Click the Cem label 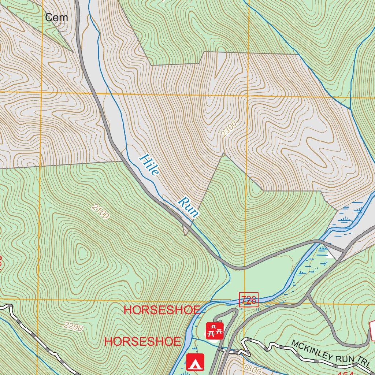56,17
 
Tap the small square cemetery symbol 63,27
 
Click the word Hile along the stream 149,165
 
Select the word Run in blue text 189,208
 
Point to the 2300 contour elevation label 229,129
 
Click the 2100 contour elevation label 100,212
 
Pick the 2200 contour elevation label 73,326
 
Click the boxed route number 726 249,300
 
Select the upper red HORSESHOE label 162,310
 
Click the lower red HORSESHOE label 142,341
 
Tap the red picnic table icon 215,330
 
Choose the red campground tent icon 195,362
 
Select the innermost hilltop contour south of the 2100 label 82,252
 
